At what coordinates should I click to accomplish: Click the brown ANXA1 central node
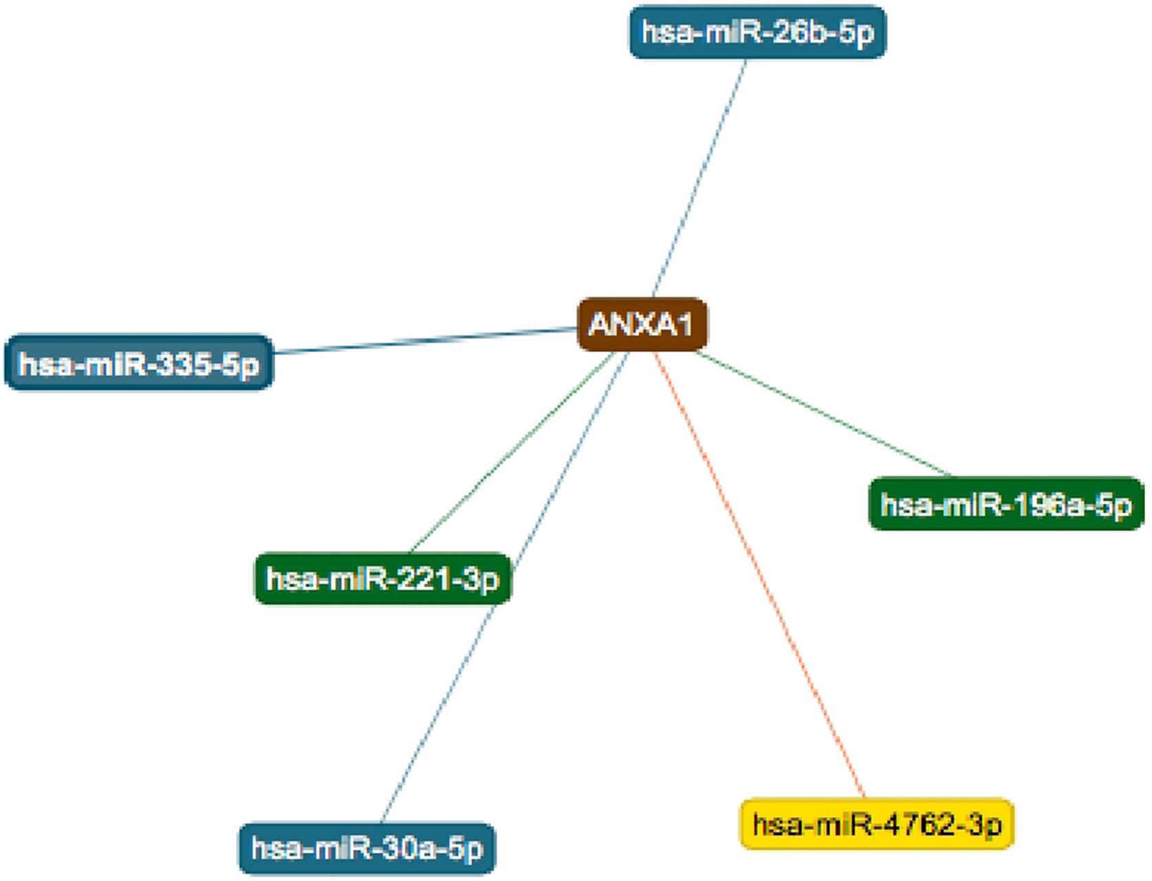pyautogui.click(x=642, y=325)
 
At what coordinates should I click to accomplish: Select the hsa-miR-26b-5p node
pyautogui.click(x=757, y=32)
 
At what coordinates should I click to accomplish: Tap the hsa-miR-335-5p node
pyautogui.click(x=138, y=363)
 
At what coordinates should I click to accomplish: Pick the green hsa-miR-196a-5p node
pyautogui.click(x=1006, y=505)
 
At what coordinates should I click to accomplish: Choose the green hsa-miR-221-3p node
pyautogui.click(x=382, y=579)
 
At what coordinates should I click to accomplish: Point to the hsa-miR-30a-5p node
pyautogui.click(x=367, y=849)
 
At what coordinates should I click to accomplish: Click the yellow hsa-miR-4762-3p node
pyautogui.click(x=876, y=824)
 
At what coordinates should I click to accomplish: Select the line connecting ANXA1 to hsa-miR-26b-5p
pyautogui.click(x=699, y=177)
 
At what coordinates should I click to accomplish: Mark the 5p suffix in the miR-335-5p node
pyautogui.click(x=241, y=364)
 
